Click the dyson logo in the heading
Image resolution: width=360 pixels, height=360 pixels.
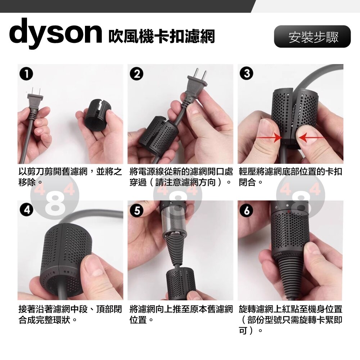[x=55, y=33]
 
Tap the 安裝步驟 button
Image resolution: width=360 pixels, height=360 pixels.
[x=312, y=36]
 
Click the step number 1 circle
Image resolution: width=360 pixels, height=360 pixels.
[x=26, y=74]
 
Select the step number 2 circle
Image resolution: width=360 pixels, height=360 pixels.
[x=136, y=74]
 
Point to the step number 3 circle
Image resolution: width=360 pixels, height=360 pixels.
[x=247, y=74]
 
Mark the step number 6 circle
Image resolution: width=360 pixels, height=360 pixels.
[x=247, y=210]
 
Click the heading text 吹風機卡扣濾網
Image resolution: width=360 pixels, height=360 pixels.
[x=161, y=37]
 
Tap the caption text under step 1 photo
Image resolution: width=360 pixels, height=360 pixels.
[x=70, y=177]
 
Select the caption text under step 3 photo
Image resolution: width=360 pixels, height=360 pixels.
[x=291, y=177]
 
